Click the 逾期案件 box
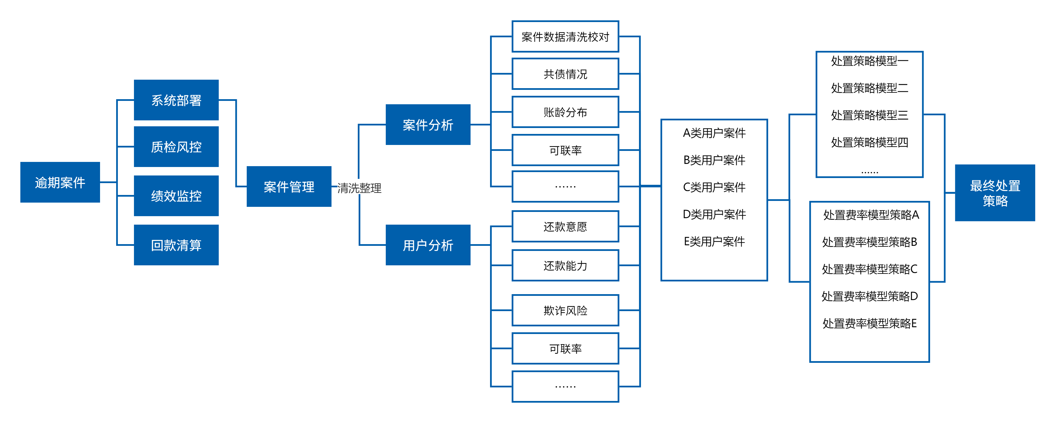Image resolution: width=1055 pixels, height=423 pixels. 60,182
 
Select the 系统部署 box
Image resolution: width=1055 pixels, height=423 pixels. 176,100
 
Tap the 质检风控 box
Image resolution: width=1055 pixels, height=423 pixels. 176,147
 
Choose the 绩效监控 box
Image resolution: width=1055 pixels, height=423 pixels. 176,196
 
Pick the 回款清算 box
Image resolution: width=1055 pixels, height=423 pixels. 176,245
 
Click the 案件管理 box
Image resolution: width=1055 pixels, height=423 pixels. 289,187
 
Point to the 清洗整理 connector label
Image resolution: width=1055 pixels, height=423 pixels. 359,188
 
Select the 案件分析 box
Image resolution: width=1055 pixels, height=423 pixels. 428,125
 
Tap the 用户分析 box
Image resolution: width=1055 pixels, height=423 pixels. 428,245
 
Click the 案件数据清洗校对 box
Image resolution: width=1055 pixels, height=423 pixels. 565,37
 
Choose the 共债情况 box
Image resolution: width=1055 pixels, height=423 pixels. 565,74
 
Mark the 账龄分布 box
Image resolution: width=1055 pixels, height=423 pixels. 565,112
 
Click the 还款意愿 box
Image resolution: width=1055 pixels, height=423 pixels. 565,226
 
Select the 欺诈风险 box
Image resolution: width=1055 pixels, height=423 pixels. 565,310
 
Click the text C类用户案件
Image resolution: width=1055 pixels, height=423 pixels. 714,187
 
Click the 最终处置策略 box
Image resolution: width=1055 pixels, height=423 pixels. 995,193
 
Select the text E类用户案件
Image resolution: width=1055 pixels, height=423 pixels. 714,242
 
